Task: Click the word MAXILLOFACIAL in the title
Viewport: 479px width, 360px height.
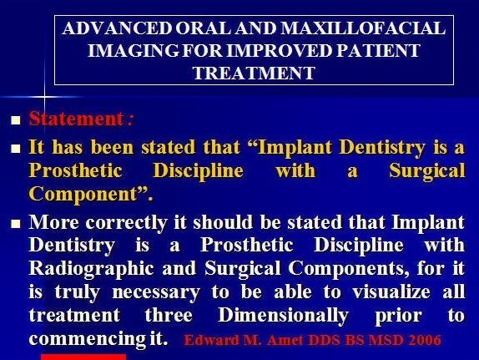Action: (x=363, y=28)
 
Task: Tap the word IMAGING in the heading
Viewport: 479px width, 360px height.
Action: (x=133, y=50)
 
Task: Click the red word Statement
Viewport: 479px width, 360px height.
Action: (x=77, y=119)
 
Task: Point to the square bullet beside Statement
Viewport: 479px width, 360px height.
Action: (x=16, y=120)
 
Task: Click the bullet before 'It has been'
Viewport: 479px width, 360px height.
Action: (x=16, y=149)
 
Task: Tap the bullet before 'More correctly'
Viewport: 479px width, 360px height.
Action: (x=16, y=224)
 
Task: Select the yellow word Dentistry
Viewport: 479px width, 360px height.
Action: (x=382, y=148)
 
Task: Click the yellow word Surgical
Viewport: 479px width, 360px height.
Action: (x=427, y=171)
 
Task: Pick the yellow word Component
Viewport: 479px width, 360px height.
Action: (x=83, y=195)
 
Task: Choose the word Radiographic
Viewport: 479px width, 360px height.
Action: (x=91, y=269)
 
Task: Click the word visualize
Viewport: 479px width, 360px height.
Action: (x=391, y=292)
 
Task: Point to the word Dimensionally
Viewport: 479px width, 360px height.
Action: (x=284, y=316)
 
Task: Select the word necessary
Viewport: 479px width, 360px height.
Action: (x=156, y=292)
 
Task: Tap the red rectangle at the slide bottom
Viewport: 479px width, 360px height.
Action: (x=83, y=357)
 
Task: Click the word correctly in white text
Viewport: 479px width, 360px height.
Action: (x=126, y=223)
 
